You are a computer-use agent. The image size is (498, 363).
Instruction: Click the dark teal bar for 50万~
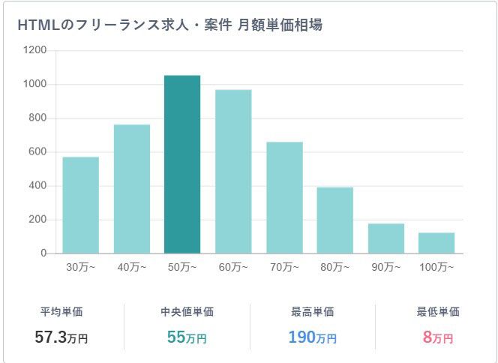pyautogui.click(x=182, y=165)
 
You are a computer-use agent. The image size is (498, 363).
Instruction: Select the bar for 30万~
pyautogui.click(x=80, y=205)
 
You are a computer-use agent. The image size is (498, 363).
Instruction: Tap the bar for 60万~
pyautogui.click(x=233, y=172)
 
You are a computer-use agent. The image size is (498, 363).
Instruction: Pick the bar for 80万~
pyautogui.click(x=334, y=220)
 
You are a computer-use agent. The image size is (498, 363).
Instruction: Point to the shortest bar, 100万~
pyautogui.click(x=436, y=243)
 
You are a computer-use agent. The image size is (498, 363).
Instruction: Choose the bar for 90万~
pyautogui.click(x=385, y=238)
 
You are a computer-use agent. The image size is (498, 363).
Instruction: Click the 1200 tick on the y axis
pyautogui.click(x=35, y=50)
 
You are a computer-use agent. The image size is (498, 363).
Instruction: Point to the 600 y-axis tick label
pyautogui.click(x=37, y=152)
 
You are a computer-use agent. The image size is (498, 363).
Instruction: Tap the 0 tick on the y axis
pyautogui.click(x=43, y=253)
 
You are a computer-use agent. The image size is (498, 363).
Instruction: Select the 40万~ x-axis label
pyautogui.click(x=131, y=268)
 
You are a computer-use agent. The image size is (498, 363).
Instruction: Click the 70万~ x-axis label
pyautogui.click(x=284, y=268)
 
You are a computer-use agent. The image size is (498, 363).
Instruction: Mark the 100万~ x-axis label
pyautogui.click(x=436, y=268)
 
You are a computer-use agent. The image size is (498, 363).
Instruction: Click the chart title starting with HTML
pyautogui.click(x=169, y=25)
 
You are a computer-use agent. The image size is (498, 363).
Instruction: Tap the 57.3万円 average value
pyautogui.click(x=61, y=337)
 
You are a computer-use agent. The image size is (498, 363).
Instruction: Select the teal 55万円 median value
pyautogui.click(x=187, y=337)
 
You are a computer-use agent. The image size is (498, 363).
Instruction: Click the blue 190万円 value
pyautogui.click(x=312, y=337)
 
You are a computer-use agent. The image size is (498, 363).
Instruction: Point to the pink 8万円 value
pyautogui.click(x=438, y=337)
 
